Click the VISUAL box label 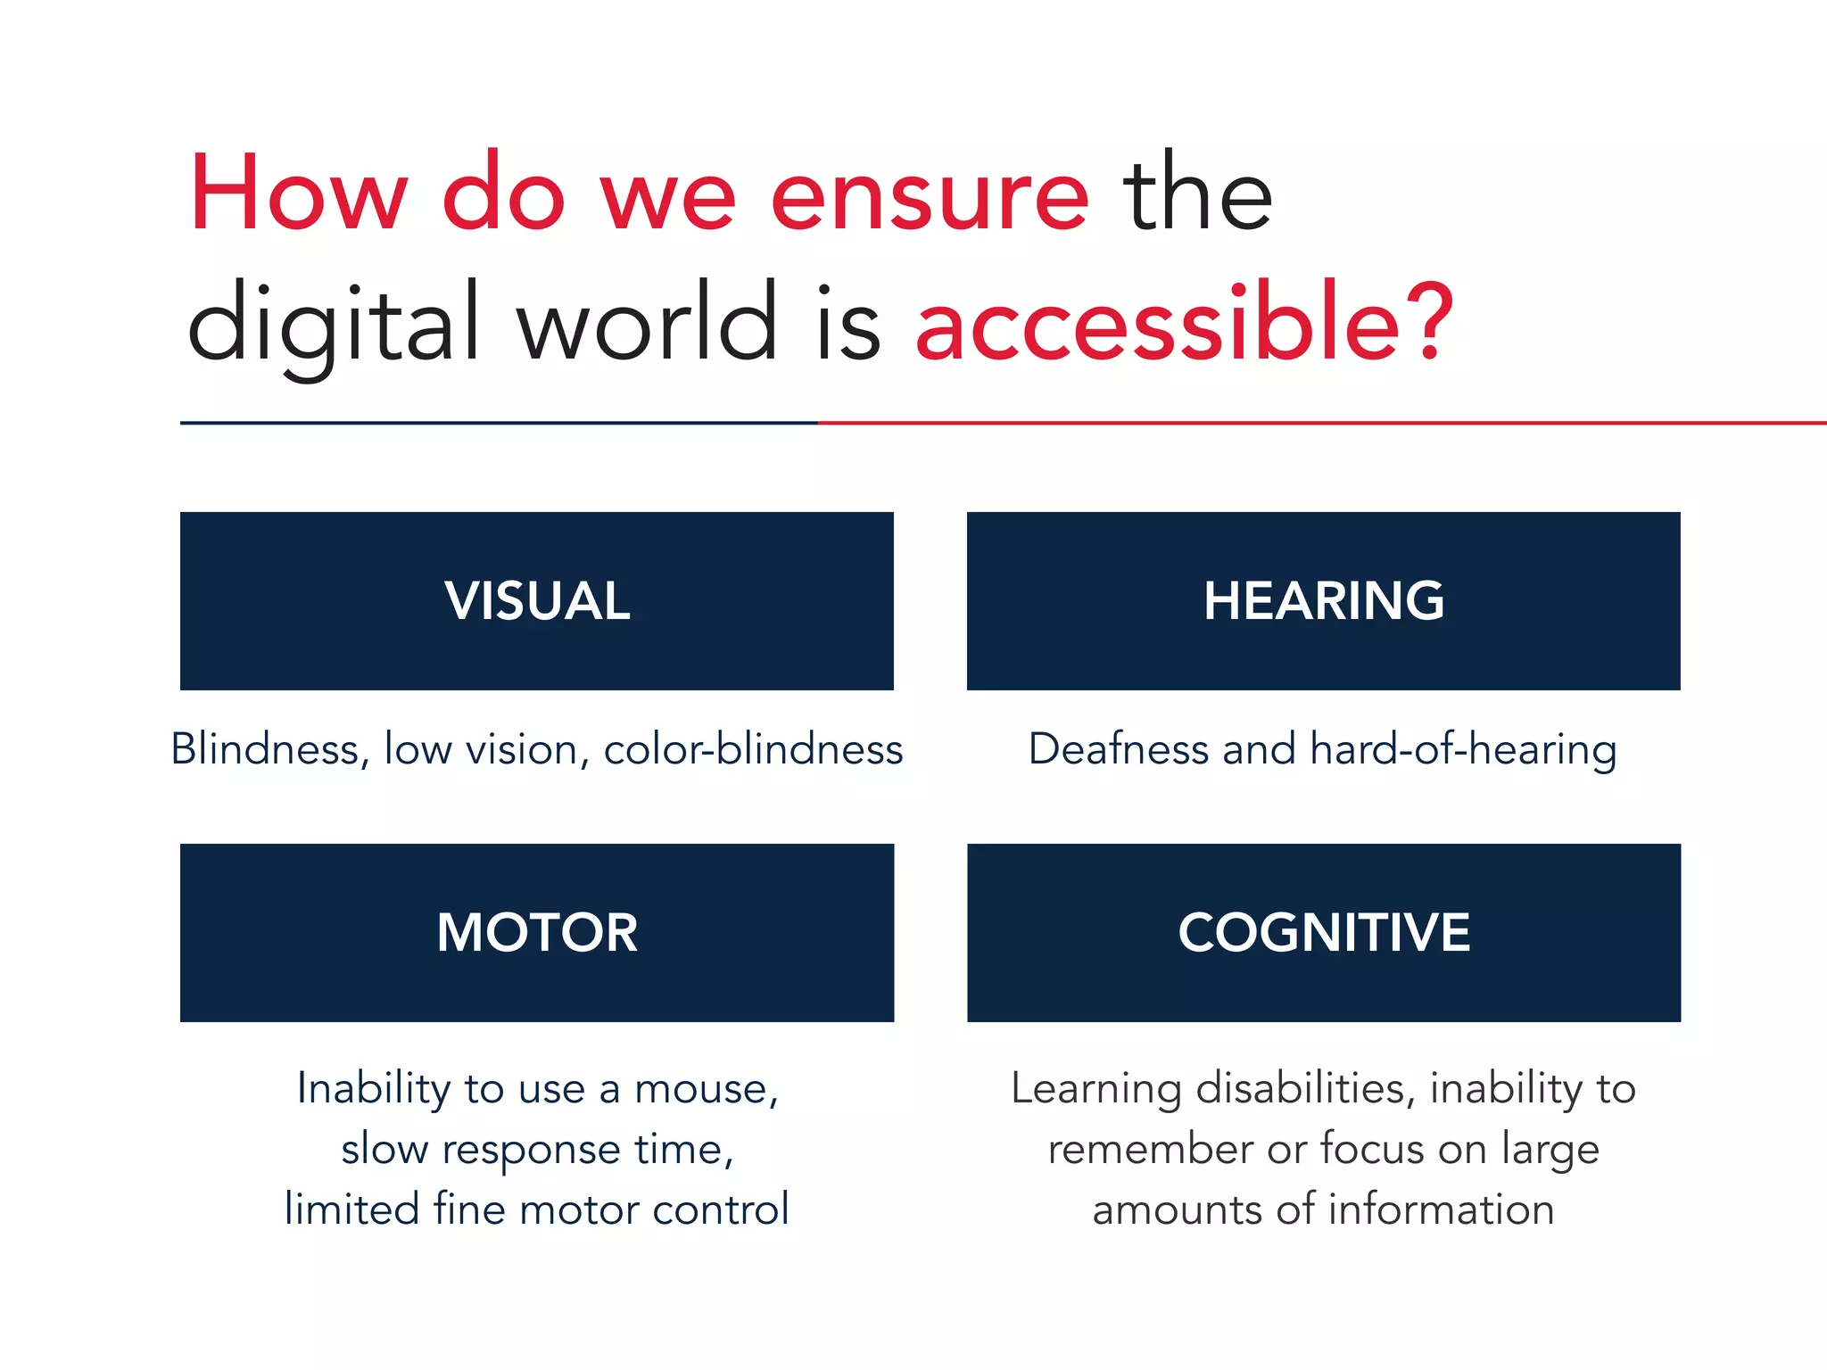tap(537, 600)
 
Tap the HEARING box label tap(1324, 600)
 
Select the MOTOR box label tap(537, 933)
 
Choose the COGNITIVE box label tap(1324, 933)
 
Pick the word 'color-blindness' tap(753, 748)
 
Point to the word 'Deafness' tap(1118, 748)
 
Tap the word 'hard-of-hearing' tap(1463, 750)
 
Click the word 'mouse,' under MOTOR tap(707, 1089)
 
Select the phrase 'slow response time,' tap(537, 1150)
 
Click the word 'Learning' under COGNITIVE tap(1096, 1090)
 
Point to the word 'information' tap(1441, 1209)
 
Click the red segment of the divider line tap(1320, 423)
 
